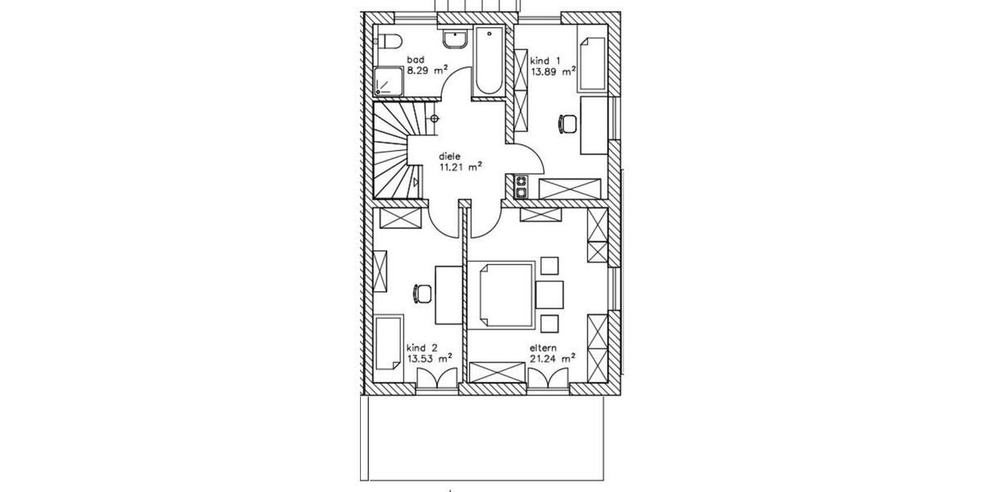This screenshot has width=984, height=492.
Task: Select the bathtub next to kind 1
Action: [490, 61]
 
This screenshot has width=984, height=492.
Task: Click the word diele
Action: [449, 155]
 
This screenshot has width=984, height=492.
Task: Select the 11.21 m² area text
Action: [460, 166]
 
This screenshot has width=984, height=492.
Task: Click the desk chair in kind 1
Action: [567, 124]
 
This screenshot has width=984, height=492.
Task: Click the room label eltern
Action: [543, 346]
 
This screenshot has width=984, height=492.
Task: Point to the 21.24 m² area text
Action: [551, 358]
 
